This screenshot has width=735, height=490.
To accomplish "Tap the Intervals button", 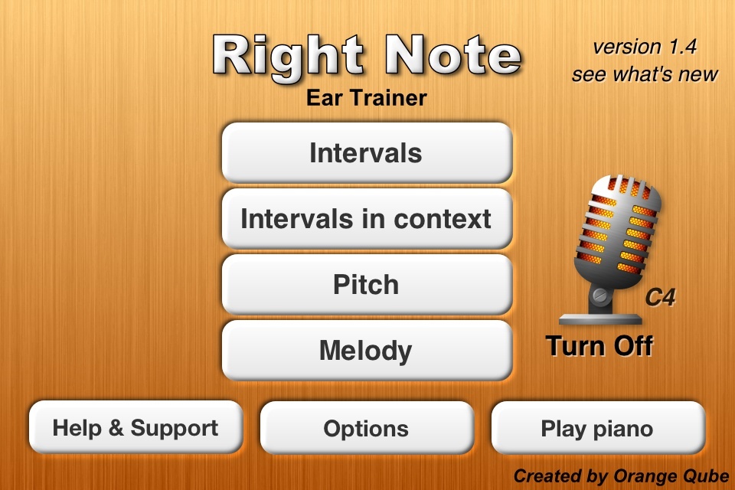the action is coord(367,153).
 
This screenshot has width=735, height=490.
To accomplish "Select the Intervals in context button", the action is coord(367,218).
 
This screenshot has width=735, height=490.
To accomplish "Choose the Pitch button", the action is coord(367,285).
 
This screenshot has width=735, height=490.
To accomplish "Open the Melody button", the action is coord(367,350).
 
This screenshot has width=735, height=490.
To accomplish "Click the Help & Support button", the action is coord(136,427).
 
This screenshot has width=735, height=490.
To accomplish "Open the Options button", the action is coord(367,428).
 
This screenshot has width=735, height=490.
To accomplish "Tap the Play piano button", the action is coord(598,428).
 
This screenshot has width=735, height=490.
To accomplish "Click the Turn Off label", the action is coord(599,346).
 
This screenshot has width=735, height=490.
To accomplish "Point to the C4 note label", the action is coord(660,297).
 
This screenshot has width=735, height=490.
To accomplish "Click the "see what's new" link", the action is coord(645,74).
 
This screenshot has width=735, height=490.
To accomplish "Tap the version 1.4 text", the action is coord(645,47).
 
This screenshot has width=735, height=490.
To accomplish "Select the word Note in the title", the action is coord(452,55).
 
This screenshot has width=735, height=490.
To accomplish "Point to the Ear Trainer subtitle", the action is coord(367,98).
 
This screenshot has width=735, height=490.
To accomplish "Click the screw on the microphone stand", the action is coord(600,296).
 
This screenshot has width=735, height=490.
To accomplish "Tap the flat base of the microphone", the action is coord(600,319).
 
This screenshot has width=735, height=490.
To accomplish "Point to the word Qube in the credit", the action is coord(706,476).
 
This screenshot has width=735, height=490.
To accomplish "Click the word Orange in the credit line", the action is coord(645,477).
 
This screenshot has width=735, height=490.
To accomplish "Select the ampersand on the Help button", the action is coord(116,428).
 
